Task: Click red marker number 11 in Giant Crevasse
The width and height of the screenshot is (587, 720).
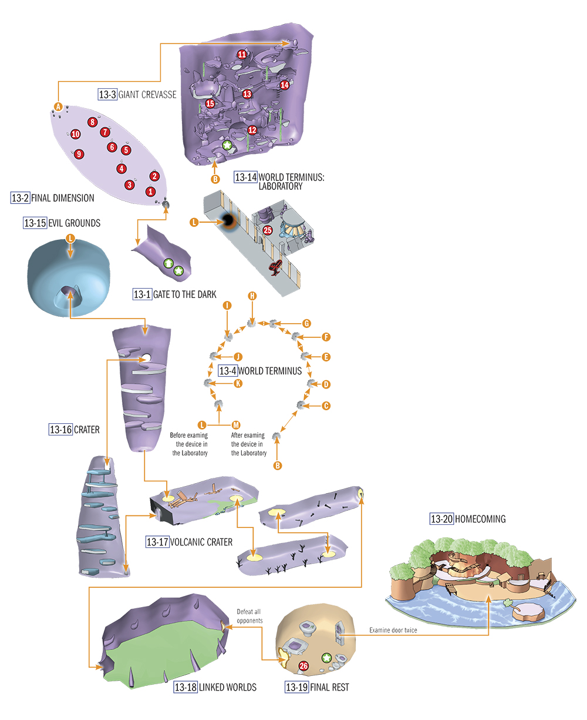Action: pos(242,54)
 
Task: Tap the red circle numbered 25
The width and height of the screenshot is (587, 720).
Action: pos(268,230)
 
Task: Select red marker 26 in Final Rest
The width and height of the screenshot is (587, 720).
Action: pos(303,666)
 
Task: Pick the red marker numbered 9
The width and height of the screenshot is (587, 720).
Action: pos(79,154)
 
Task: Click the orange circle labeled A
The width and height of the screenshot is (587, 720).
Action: pos(58,107)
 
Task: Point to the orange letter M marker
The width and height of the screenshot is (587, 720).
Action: pos(236,425)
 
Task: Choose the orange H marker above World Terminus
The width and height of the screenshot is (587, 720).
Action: pos(252,296)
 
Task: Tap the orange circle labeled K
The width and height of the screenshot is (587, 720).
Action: pos(238,383)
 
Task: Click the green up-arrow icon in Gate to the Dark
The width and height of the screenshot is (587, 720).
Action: pos(168,263)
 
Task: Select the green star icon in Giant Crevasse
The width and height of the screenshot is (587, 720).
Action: pos(227,145)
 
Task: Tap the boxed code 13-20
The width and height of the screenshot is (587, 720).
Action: pos(441,519)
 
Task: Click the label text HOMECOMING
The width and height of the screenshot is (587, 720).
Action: pos(480,519)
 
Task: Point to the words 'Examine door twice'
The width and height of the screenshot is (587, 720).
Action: pos(393,630)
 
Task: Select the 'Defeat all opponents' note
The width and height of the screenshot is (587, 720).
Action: pos(249,616)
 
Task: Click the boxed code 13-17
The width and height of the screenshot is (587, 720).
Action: pos(157,542)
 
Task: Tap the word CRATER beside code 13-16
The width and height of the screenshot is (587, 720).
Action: pos(87,430)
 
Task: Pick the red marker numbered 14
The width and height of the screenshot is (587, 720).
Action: pos(284,85)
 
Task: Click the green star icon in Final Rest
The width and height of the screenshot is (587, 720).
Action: pos(326,658)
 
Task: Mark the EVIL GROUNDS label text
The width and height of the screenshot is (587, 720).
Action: pos(75,223)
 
